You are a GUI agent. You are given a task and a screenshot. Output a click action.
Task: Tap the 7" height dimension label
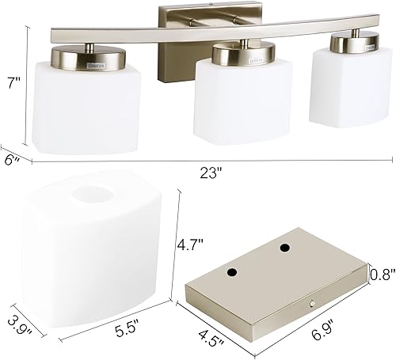click(12, 82)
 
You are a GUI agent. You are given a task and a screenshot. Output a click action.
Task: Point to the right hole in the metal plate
click(283, 248)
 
